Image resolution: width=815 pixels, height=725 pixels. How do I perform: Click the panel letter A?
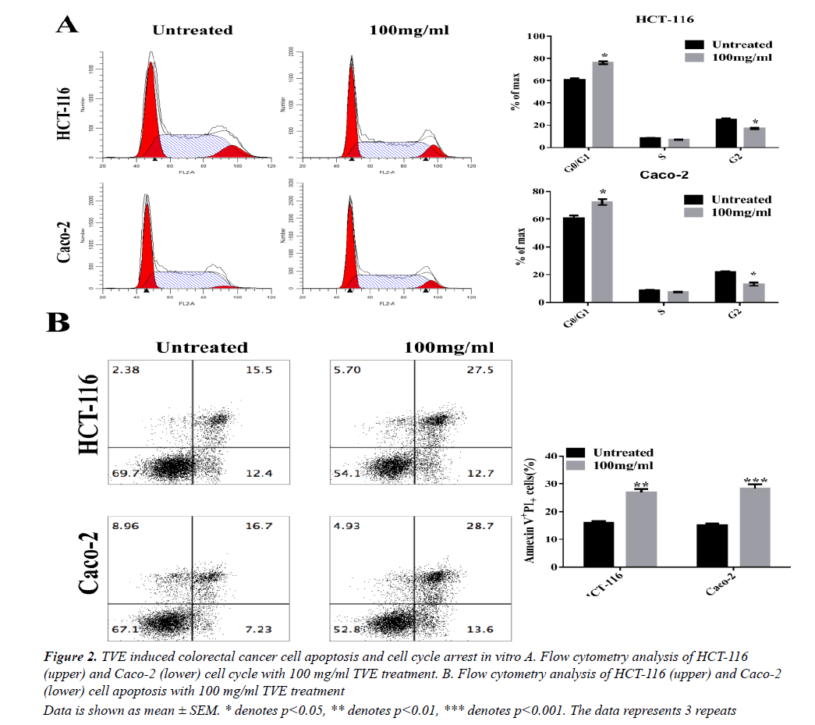tap(67, 26)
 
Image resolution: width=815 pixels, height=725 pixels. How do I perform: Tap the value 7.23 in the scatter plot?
tap(257, 630)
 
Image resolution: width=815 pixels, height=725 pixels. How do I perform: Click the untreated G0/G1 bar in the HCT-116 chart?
tap(575, 113)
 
